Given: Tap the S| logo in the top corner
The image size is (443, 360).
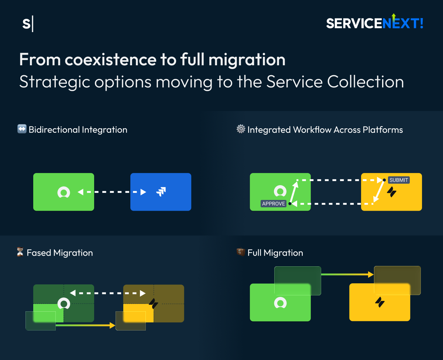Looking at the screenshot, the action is (x=28, y=24).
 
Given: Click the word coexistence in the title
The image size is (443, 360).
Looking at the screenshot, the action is (x=110, y=60).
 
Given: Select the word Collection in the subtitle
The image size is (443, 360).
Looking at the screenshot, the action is (x=365, y=82).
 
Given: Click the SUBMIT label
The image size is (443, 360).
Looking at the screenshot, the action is (x=399, y=180).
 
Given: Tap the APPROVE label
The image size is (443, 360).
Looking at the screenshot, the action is (x=274, y=204).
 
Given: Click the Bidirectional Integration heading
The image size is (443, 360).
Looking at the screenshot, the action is (x=78, y=129).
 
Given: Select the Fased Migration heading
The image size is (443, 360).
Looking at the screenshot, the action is (x=60, y=253).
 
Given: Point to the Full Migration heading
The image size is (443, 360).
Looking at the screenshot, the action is (x=275, y=253).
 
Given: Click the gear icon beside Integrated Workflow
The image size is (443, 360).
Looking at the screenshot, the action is (x=241, y=129).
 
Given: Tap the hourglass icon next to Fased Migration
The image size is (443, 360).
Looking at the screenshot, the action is (x=20, y=252).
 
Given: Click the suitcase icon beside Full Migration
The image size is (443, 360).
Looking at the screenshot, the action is (x=241, y=252).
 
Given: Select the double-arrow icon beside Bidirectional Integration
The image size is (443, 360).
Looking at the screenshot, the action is (x=22, y=129).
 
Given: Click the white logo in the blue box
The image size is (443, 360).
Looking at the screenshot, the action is (x=161, y=191).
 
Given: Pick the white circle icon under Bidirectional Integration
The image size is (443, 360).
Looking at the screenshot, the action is (x=63, y=192).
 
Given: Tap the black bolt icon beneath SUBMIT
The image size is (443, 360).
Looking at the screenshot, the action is (x=392, y=192).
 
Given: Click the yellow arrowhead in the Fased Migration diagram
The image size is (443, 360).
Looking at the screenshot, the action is (x=112, y=325).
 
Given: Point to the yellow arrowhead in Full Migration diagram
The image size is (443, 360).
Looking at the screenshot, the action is (x=371, y=274).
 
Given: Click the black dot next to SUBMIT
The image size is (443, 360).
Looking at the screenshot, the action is (x=384, y=180).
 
